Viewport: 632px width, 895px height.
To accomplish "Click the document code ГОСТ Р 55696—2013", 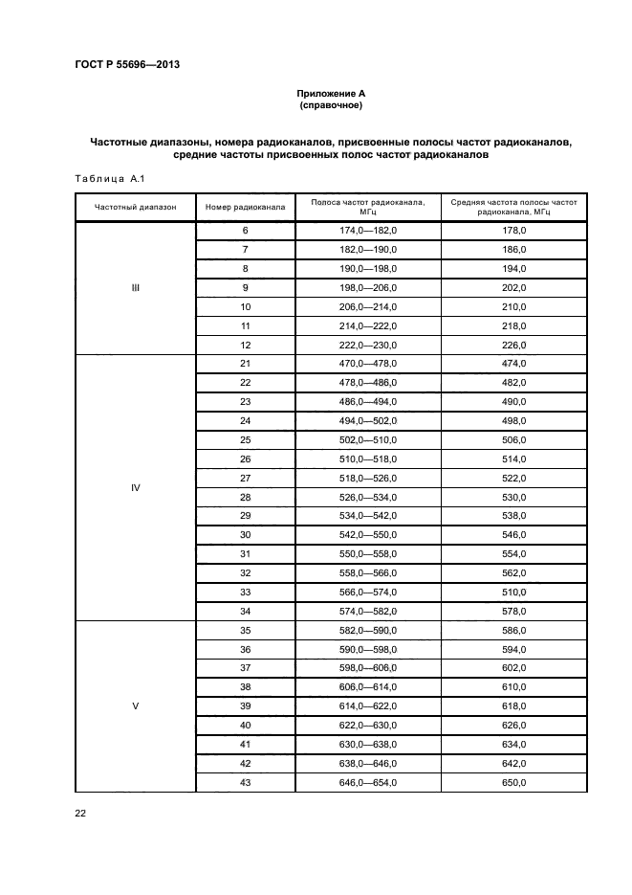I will point(127,65).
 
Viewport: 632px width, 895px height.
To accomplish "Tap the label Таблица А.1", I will point(108,178).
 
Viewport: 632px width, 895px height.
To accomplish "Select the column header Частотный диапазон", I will point(135,208).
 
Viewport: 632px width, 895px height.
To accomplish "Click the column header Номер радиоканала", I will point(245,208).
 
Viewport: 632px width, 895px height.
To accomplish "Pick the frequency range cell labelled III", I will point(135,288).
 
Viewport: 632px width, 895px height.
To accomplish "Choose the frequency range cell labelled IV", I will point(135,487).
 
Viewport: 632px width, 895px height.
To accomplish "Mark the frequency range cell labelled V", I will point(135,706).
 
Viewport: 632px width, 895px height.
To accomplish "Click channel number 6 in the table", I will point(245,232).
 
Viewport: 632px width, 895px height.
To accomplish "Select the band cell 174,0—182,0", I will point(368,232).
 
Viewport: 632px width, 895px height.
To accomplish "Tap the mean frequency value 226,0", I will point(513,346).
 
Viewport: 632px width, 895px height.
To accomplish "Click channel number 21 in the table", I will point(245,365).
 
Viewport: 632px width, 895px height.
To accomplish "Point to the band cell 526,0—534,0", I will point(368,498).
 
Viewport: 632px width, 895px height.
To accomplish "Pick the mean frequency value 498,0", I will point(513,421).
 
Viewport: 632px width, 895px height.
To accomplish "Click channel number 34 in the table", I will point(245,612).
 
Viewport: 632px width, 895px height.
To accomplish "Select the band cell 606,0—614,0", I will point(368,687).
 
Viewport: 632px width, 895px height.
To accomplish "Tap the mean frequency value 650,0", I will point(513,783).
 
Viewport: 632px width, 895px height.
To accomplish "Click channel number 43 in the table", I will point(245,783).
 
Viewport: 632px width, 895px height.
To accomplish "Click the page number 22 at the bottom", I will point(80,813).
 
